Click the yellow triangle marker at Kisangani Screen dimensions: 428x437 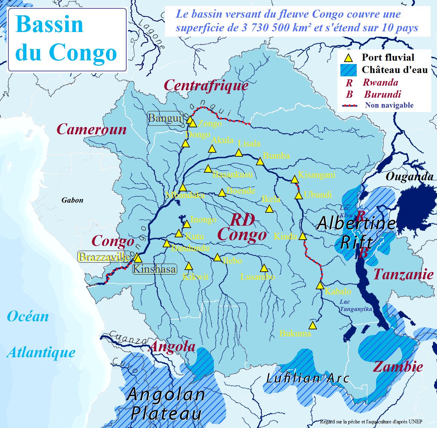(294, 180)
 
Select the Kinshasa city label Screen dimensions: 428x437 (155, 269)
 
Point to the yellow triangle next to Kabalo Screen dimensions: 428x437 (320, 286)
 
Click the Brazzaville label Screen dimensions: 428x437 (104, 257)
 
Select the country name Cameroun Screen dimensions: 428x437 (92, 129)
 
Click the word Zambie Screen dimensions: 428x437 (398, 367)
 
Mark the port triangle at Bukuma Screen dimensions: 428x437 (312, 325)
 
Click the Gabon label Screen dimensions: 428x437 (72, 200)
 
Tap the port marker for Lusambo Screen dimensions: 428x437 (264, 268)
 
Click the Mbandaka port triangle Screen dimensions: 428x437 (183, 188)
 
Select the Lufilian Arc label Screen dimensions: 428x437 (308, 378)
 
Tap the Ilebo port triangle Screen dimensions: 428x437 (217, 257)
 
